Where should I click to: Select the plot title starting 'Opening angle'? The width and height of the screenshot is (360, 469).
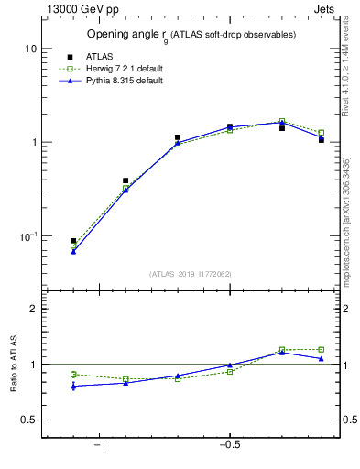coord(191,35)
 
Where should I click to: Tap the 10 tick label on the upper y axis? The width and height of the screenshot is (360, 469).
coord(29,48)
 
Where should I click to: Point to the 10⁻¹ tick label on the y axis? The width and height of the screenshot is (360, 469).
coord(27,235)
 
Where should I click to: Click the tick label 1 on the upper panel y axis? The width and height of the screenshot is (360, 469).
coord(33,142)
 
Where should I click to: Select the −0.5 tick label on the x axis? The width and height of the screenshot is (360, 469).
coord(229,445)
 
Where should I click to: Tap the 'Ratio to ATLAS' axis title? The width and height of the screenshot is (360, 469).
coord(13,364)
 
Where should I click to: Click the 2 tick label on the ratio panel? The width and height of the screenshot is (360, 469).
coord(33,309)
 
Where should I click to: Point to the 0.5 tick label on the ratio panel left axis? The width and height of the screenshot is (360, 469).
coord(28,420)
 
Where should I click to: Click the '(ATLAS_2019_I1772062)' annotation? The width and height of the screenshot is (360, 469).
coord(191,273)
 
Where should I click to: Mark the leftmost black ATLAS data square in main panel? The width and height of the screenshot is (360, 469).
coord(73,241)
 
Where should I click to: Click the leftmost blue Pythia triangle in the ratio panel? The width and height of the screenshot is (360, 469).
coord(73,387)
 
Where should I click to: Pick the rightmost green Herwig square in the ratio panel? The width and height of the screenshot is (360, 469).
coord(321,349)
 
